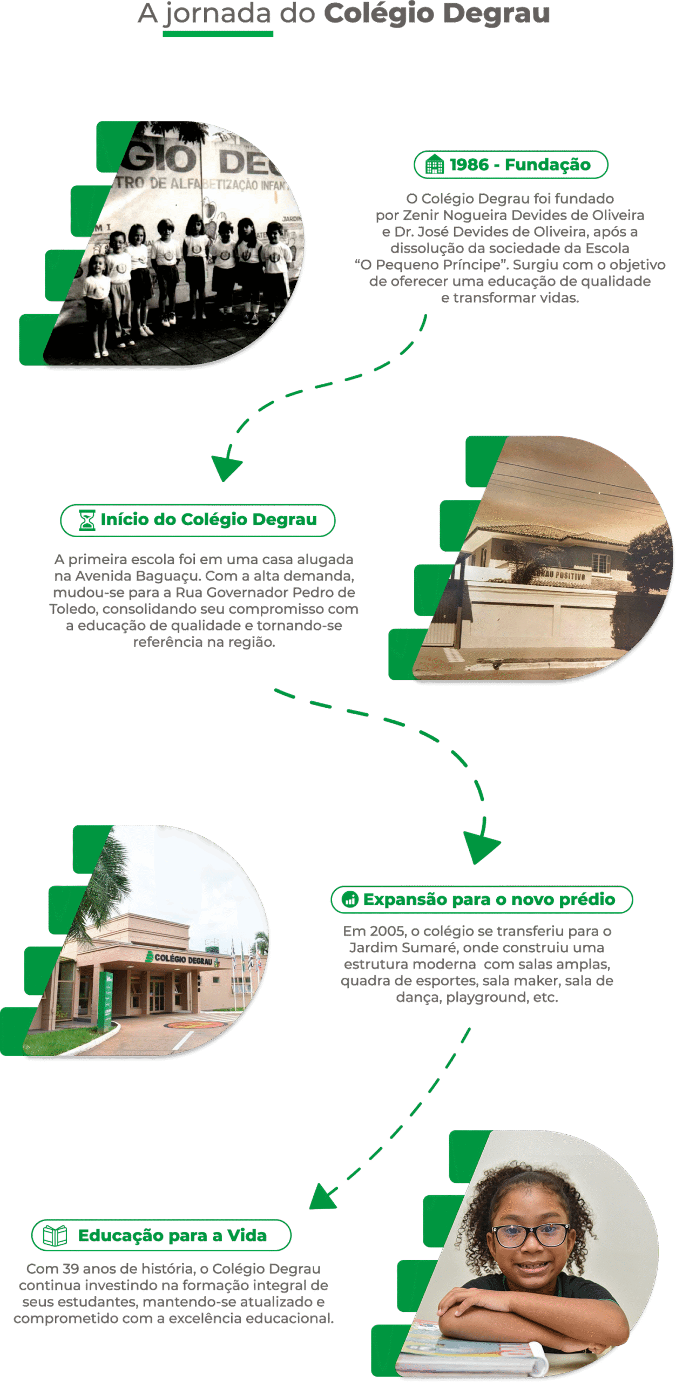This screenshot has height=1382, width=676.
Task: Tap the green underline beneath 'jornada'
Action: click(x=218, y=34)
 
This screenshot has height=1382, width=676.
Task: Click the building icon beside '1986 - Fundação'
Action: click(x=435, y=164)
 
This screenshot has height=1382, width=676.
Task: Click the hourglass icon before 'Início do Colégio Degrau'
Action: click(x=87, y=520)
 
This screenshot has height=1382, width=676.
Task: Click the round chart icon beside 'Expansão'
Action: click(x=350, y=899)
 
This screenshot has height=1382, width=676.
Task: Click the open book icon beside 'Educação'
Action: click(x=55, y=1235)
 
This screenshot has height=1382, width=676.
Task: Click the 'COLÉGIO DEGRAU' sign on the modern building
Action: click(x=183, y=959)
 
